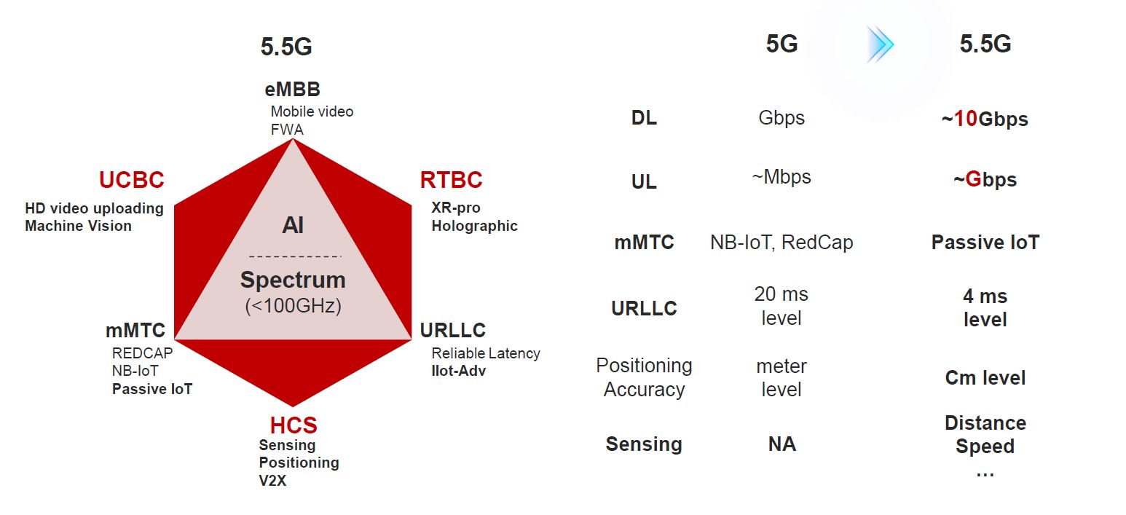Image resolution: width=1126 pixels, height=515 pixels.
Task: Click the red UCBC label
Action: (x=132, y=179)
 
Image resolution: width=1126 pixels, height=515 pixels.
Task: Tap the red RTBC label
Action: (x=451, y=179)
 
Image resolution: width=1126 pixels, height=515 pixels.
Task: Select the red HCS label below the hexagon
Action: (x=294, y=425)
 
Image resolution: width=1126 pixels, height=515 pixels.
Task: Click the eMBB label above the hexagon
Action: (x=293, y=90)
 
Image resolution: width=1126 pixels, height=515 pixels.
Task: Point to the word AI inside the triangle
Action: (x=293, y=225)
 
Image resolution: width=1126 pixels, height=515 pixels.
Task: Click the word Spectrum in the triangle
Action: (x=293, y=280)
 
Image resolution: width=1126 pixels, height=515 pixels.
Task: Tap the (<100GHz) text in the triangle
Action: (x=293, y=305)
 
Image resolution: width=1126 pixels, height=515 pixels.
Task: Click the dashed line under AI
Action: (x=295, y=256)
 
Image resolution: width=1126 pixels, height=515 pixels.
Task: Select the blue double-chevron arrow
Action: (x=881, y=44)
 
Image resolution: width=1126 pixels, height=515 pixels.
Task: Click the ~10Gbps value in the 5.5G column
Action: (x=985, y=119)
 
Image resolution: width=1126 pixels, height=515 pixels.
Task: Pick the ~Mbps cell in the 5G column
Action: (x=781, y=178)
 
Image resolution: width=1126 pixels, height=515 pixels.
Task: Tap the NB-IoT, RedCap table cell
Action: (x=781, y=243)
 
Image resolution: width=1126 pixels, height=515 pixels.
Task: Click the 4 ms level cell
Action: (x=985, y=308)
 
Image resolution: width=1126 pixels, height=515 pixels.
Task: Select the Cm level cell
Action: (x=985, y=378)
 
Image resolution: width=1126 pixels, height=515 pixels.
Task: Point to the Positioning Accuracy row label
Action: (x=644, y=377)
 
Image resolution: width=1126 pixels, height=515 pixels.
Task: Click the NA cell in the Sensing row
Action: (x=781, y=444)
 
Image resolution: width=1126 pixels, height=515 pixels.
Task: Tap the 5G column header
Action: (x=781, y=44)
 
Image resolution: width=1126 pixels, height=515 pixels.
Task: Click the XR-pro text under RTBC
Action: (x=456, y=208)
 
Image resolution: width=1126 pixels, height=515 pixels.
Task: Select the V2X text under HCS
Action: (x=272, y=481)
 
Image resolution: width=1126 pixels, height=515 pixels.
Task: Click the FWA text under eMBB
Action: (x=287, y=130)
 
